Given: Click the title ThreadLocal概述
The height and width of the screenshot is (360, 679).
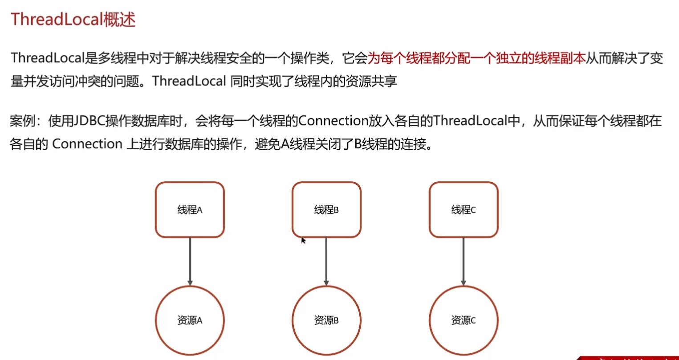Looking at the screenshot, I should (73, 20).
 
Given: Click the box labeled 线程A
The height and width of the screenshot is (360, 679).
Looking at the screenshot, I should (190, 209).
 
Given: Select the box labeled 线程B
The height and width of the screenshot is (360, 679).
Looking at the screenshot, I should (326, 209).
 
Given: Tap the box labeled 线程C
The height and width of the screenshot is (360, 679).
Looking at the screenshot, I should (464, 209).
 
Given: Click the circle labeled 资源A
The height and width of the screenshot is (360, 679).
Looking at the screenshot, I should (190, 320).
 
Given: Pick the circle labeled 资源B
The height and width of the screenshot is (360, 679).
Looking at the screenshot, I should (326, 320).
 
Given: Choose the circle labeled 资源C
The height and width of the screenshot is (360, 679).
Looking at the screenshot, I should (464, 320).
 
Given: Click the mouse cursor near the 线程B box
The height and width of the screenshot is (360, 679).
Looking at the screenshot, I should (303, 240).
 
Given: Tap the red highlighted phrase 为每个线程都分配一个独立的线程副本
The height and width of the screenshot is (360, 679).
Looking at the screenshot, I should (476, 58).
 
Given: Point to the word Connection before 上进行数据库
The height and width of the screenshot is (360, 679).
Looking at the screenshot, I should (87, 144).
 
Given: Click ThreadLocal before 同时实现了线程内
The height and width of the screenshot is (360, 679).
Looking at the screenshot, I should (189, 82).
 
